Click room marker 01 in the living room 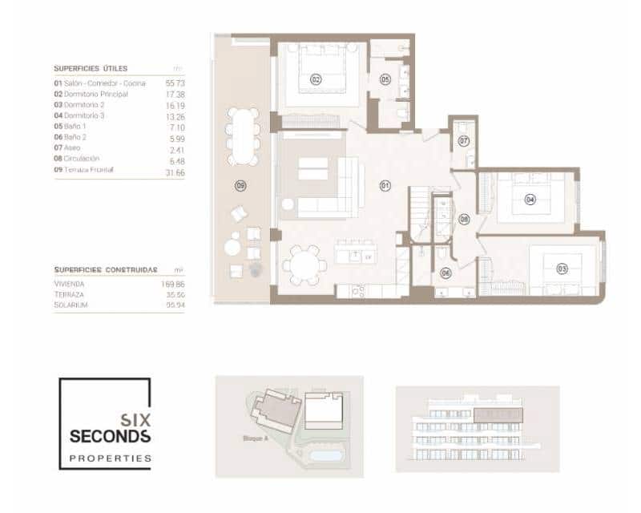(384, 186)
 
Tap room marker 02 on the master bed (316, 79)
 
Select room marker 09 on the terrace (240, 186)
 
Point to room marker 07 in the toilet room (463, 141)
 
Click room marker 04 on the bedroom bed (530, 199)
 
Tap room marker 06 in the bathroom (445, 273)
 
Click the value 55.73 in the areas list (175, 83)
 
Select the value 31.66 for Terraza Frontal (175, 171)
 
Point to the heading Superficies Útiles (91, 69)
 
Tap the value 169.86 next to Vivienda (173, 284)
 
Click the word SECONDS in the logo (109, 436)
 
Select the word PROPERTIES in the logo (110, 458)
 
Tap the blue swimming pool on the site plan (323, 455)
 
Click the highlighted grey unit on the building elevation (498, 415)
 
